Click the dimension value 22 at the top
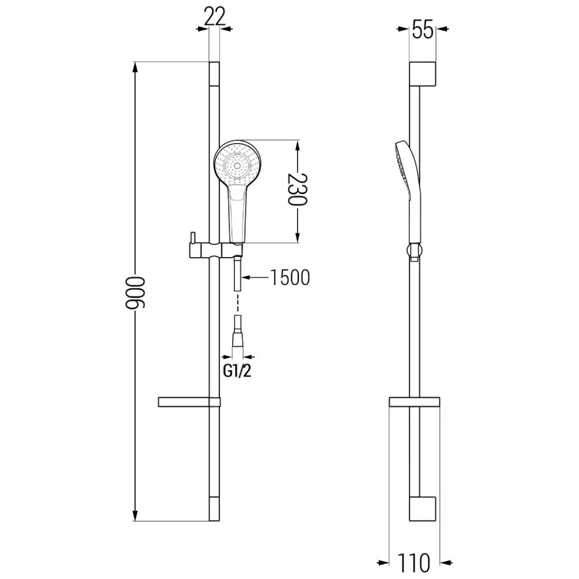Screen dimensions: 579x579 click(214, 17)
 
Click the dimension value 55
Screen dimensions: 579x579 click(423, 29)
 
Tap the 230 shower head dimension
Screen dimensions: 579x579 click(298, 191)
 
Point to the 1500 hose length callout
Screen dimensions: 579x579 click(289, 278)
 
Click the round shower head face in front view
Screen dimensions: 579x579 click(236, 164)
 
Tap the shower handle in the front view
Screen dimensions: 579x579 click(238, 214)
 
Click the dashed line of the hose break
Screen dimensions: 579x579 click(238, 303)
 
